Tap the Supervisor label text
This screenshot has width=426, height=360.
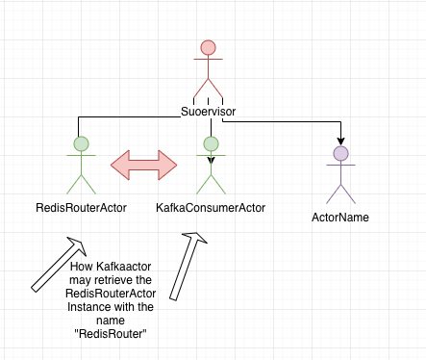tap(208, 112)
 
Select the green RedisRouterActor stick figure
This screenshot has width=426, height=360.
tap(81, 166)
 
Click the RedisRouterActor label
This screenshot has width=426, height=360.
tap(81, 207)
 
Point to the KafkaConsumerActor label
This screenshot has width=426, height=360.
tap(211, 207)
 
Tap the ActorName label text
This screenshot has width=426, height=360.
tap(340, 217)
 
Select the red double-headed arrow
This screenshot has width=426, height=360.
tap(146, 163)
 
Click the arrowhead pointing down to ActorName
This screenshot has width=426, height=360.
tap(340, 141)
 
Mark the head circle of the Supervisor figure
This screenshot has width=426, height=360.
tap(208, 47)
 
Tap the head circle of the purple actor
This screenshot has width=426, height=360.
tap(340, 153)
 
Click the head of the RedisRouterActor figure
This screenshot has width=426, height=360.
tap(81, 144)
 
